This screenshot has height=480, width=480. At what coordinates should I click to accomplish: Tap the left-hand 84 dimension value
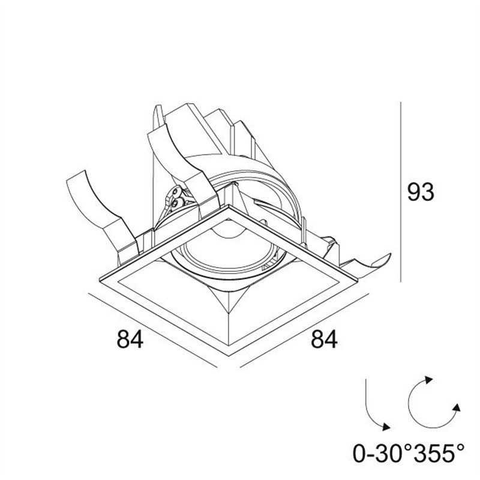130,340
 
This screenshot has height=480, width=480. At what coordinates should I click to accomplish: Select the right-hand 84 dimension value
324,340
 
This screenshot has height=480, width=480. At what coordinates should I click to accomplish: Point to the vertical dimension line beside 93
400,192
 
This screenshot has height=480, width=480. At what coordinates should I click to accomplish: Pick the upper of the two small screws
176,192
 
